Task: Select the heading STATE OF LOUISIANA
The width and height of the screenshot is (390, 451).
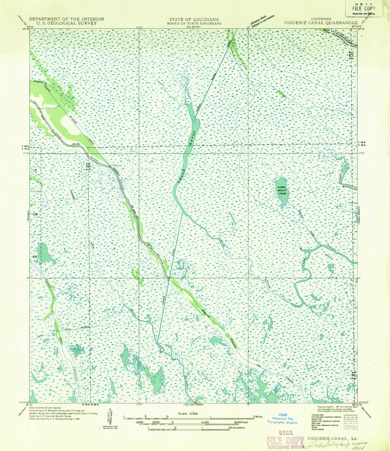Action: click(x=194, y=19)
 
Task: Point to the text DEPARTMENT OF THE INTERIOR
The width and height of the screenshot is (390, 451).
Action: click(x=66, y=19)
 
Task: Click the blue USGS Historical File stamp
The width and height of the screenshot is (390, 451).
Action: click(x=282, y=419)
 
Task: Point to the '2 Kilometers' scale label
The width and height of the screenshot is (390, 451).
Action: click(x=236, y=428)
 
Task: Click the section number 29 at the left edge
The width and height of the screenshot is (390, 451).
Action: click(x=35, y=257)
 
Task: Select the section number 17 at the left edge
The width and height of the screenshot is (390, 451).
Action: click(x=35, y=171)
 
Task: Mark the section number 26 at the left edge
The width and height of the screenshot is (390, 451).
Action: click(x=35, y=214)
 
